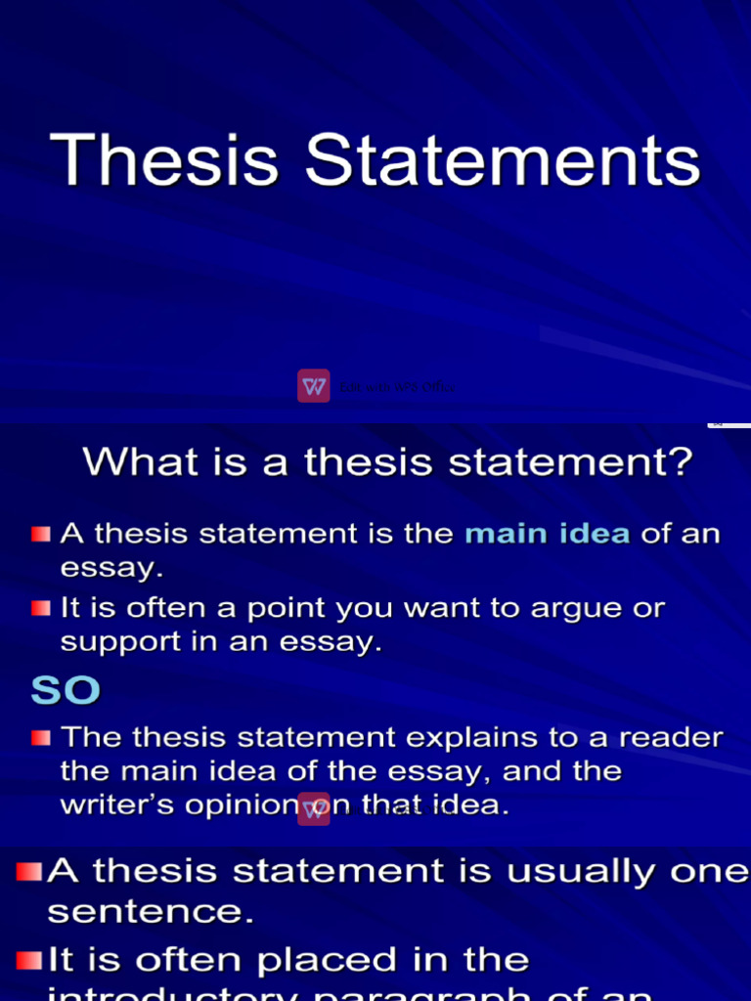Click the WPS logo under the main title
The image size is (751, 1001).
(314, 386)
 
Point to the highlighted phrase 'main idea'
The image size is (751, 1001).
(547, 534)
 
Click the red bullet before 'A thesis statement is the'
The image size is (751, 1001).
(40, 534)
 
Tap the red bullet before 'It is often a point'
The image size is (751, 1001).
(40, 608)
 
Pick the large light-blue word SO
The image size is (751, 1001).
(66, 691)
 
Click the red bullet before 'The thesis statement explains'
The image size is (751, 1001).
(40, 737)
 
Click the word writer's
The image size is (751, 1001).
(121, 806)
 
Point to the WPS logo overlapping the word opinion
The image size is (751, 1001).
(314, 808)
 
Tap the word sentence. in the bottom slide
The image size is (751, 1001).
(150, 912)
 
